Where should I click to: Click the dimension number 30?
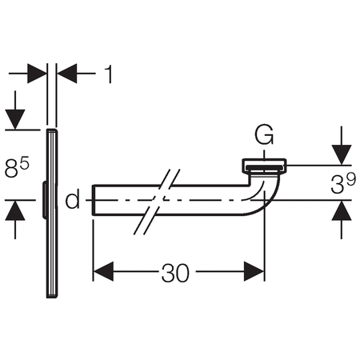pos(175,273)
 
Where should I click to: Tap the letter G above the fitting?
pos(264,135)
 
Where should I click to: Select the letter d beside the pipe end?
pos(73,198)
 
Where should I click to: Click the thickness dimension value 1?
pos(109,74)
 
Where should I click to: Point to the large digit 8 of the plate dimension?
pos(12,169)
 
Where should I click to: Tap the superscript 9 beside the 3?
pos(351,178)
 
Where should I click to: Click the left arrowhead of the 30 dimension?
pos(103,271)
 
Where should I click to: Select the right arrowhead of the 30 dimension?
pos(254,271)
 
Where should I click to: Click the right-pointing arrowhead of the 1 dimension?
pos(37,73)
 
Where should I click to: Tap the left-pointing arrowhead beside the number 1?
pos(67,73)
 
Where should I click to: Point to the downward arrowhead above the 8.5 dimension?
pos(15,119)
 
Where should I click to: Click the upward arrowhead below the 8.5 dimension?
pos(15,210)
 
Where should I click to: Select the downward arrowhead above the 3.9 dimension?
pos(342,154)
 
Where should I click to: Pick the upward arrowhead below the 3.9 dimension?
pos(342,210)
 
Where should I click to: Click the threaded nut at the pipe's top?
pos(264,166)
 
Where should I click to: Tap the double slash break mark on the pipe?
pos(157,202)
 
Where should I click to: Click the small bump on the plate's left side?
pos(44,200)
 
